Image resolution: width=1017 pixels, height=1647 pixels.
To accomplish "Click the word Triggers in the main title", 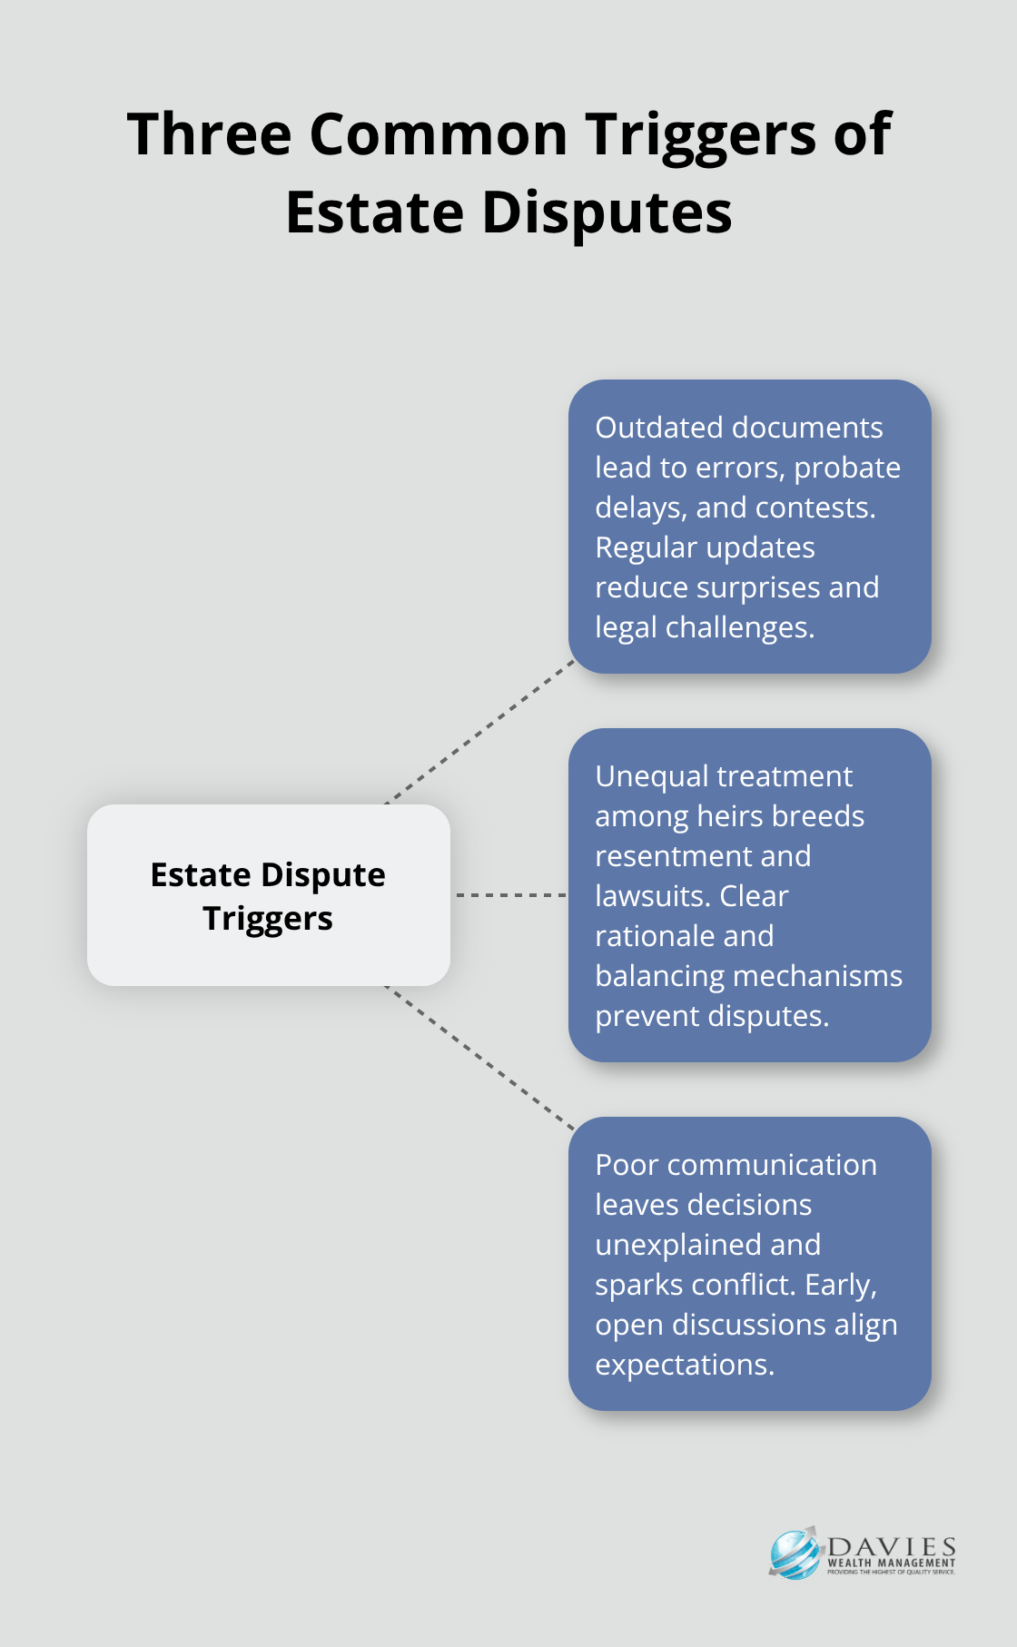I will [700, 134].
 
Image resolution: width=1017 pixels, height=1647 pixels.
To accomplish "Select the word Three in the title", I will [209, 134].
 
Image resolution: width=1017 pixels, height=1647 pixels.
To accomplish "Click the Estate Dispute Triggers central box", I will [269, 895].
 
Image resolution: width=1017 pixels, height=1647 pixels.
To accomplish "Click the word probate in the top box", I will [847, 468].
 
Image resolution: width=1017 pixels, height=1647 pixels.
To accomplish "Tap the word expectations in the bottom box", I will [684, 1365].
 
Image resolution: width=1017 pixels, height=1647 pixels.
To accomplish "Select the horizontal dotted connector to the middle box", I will [510, 895].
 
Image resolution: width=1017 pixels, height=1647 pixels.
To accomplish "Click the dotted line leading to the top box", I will [481, 732].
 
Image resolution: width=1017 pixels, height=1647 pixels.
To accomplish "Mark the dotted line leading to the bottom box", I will [481, 1058].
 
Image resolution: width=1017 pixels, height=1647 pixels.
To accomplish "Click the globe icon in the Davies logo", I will [794, 1553].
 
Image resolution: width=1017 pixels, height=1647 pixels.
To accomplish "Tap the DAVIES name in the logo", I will [892, 1547].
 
